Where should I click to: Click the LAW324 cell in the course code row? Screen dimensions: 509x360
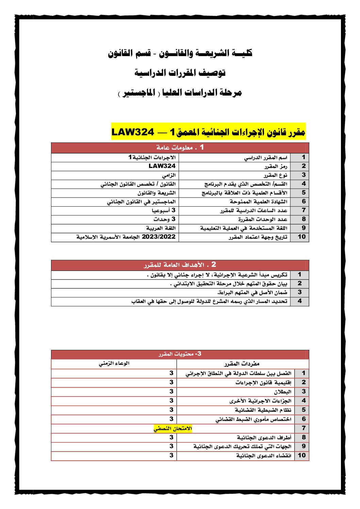pyautogui.click(x=162, y=166)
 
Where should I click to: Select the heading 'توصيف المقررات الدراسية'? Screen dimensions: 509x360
pyautogui.click(x=180, y=73)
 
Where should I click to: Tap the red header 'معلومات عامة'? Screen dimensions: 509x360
pyautogui.click(x=180, y=148)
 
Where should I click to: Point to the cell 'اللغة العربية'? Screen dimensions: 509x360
pyautogui.click(x=161, y=228)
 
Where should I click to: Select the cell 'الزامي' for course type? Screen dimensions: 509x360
pyautogui.click(x=168, y=175)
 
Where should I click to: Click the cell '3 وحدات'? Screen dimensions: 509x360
pyautogui.click(x=164, y=219)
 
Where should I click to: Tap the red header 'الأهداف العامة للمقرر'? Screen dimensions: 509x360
pyautogui.click(x=180, y=265)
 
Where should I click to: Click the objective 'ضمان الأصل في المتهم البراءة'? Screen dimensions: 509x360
pyautogui.click(x=252, y=292)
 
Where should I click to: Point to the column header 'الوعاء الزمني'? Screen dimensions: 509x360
pyautogui.click(x=114, y=364)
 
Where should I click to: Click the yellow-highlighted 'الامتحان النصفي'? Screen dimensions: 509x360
pyautogui.click(x=173, y=428)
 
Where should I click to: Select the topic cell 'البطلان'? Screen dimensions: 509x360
pyautogui.click(x=282, y=392)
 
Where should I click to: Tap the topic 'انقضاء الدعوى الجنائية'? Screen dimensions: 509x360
pyautogui.click(x=264, y=456)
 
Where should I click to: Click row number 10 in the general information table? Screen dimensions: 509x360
pyautogui.click(x=301, y=237)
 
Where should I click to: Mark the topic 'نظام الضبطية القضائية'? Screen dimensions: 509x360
pyautogui.click(x=263, y=410)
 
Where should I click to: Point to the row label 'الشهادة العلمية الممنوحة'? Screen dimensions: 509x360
pyautogui.click(x=258, y=202)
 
